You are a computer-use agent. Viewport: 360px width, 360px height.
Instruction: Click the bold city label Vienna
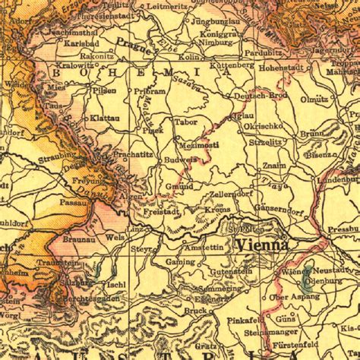pyautogui.click(x=261, y=245)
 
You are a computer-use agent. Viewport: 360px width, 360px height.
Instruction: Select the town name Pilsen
pyautogui.click(x=104, y=90)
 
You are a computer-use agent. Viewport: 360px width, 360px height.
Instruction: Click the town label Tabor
pyautogui.click(x=185, y=122)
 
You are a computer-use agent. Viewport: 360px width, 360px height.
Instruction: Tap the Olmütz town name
pyautogui.click(x=313, y=99)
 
